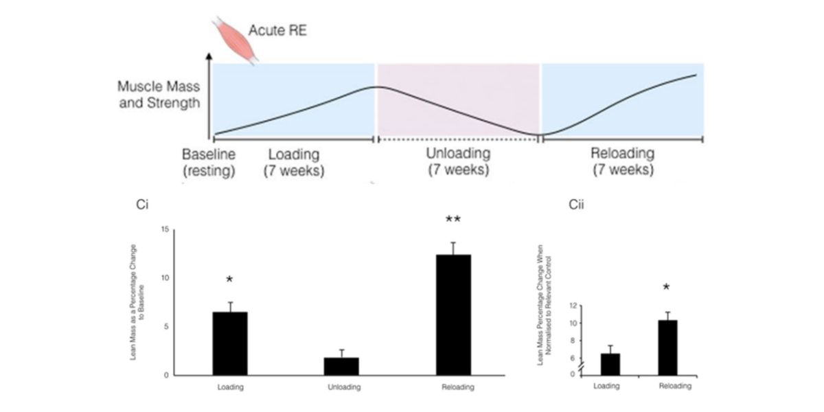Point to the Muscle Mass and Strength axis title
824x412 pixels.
point(158,95)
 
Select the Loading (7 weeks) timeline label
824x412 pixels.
point(293,161)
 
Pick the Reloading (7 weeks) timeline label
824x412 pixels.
point(622,161)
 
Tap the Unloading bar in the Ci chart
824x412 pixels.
point(341,366)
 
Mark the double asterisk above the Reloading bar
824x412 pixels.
point(453,221)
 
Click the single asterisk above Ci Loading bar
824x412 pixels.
point(230,280)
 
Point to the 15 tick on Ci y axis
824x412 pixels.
point(164,229)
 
